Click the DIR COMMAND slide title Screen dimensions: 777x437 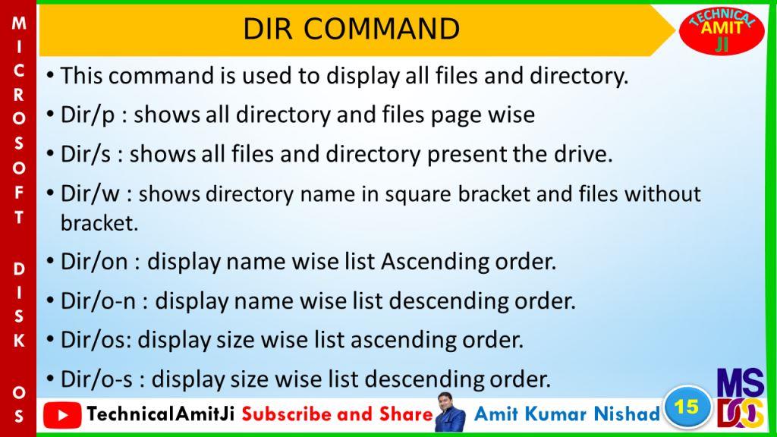[x=351, y=29]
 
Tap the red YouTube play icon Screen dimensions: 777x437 [x=62, y=415]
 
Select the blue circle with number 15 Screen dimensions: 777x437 [x=687, y=407]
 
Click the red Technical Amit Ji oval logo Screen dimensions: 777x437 [x=722, y=30]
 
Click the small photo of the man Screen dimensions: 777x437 [x=451, y=412]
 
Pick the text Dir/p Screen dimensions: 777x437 [x=88, y=115]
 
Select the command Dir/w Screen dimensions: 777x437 [x=90, y=193]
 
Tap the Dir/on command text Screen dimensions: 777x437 [x=94, y=262]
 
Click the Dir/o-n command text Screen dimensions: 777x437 [x=98, y=300]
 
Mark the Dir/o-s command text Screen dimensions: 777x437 [x=96, y=379]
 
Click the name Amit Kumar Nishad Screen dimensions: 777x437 [x=567, y=413]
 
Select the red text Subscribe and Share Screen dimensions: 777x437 [x=338, y=414]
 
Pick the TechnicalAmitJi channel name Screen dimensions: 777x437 [x=161, y=413]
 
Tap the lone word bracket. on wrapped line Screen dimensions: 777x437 [x=99, y=223]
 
